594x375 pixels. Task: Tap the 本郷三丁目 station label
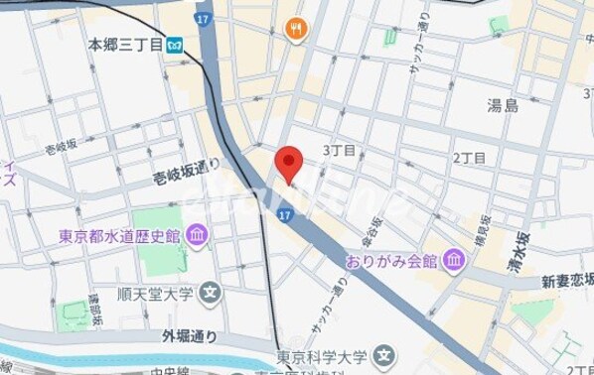pos(125,45)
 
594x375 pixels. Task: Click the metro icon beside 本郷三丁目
pos(175,45)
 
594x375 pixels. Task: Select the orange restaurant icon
pos(294,29)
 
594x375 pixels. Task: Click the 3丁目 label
pos(340,151)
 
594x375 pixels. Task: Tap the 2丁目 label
pos(469,158)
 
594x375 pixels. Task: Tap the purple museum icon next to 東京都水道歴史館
pos(197,236)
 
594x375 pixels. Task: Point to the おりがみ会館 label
pos(391,262)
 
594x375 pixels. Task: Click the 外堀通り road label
pos(188,335)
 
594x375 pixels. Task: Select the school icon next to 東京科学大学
pos(384,354)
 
